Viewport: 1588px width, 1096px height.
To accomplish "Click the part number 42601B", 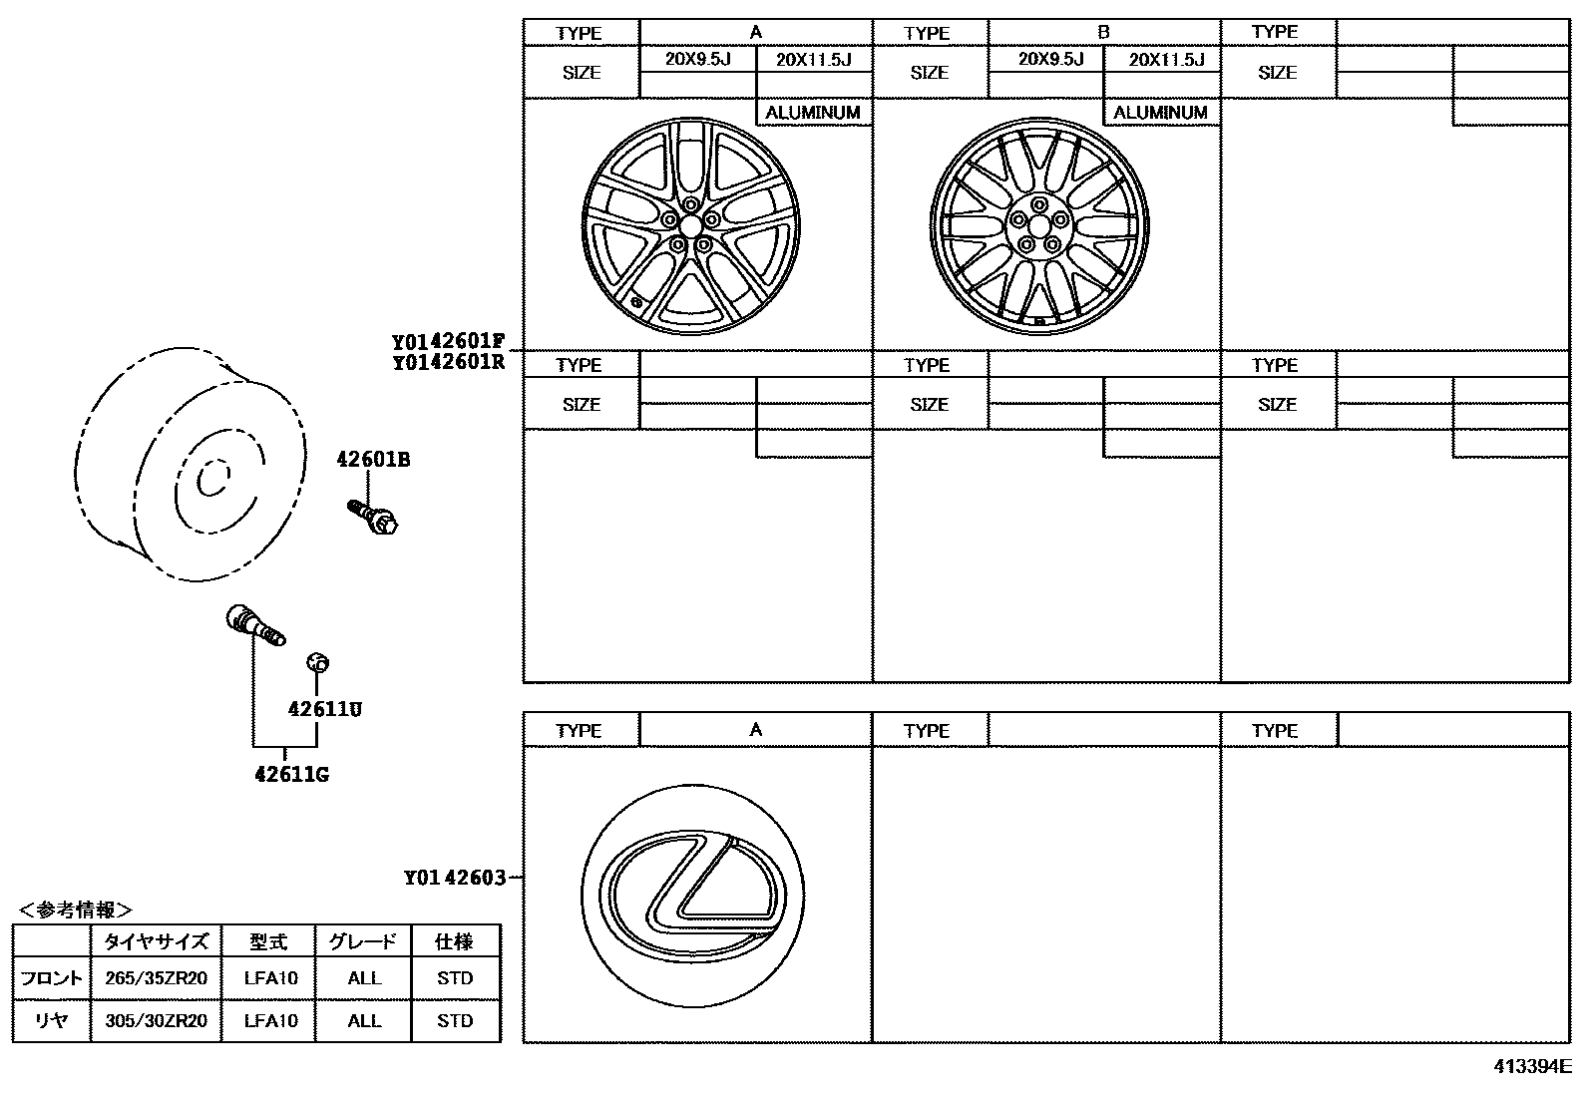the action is [x=373, y=460].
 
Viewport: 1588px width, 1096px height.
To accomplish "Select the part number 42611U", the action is [x=325, y=709].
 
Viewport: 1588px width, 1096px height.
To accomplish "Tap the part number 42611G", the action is [x=292, y=774].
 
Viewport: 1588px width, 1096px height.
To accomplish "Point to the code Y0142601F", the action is [x=448, y=342].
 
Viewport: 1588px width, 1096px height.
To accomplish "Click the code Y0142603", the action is [x=455, y=878].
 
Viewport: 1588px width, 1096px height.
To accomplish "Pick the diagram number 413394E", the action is [x=1533, y=1066].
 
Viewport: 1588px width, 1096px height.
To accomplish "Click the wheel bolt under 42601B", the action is [x=372, y=518].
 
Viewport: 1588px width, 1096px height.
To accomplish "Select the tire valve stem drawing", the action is [x=255, y=625].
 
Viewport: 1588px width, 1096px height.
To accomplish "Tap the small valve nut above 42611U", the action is [x=317, y=662].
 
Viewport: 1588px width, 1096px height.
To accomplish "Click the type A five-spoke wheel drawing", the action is [x=690, y=226].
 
